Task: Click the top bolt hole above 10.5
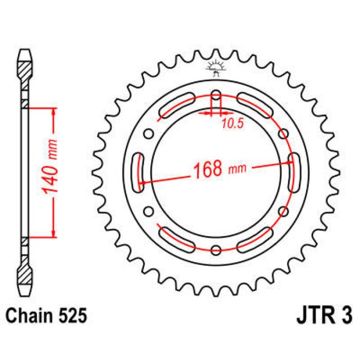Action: pos(216,96)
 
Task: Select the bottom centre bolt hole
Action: pos(216,250)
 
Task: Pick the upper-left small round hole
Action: pos(149,134)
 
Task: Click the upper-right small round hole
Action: pos(283,134)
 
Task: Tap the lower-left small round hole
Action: pos(149,211)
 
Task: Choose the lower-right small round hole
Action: pos(283,211)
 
